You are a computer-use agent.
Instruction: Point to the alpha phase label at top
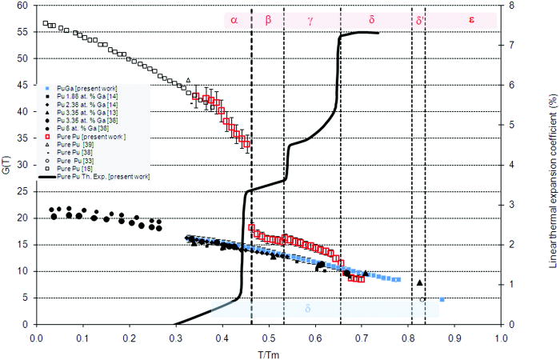pos(234,19)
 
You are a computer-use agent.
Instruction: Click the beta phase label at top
pos(268,19)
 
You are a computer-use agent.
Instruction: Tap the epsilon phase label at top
pos(471,19)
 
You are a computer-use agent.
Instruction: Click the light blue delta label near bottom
pos(308,308)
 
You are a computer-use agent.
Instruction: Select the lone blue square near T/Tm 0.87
pos(442,299)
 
